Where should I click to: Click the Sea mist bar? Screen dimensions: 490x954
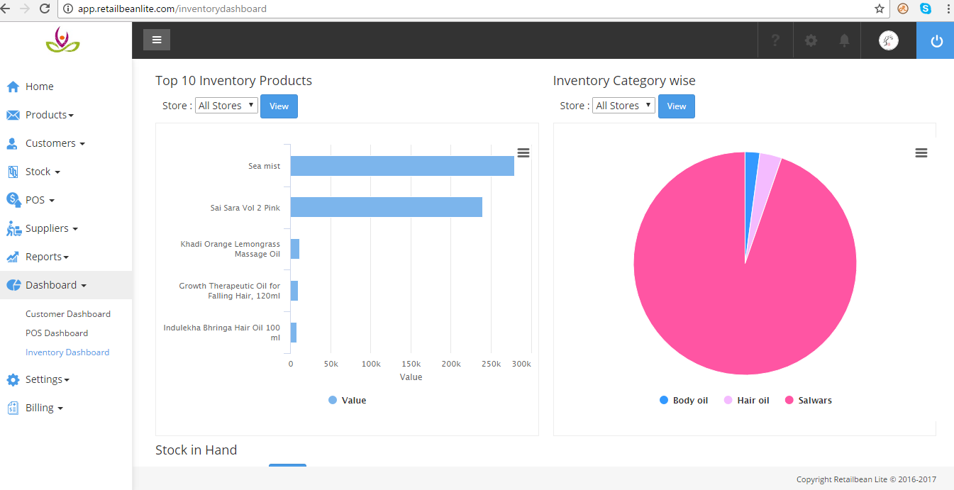pyautogui.click(x=401, y=166)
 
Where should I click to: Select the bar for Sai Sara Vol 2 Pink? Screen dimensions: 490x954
pyautogui.click(x=386, y=207)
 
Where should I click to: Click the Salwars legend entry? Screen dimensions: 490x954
pyautogui.click(x=809, y=401)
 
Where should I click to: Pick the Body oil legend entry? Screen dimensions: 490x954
pyautogui.click(x=684, y=401)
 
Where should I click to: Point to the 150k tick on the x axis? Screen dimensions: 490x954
pyautogui.click(x=411, y=364)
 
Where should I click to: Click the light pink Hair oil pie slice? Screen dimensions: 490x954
pyautogui.click(x=768, y=168)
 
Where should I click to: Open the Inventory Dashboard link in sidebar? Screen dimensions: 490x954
pyautogui.click(x=67, y=352)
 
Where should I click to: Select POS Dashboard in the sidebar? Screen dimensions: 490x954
pyautogui.click(x=57, y=333)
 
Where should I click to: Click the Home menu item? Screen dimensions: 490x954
pyautogui.click(x=39, y=87)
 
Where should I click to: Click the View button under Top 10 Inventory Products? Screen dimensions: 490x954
pyautogui.click(x=279, y=106)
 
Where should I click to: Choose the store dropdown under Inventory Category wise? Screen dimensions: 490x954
pyautogui.click(x=623, y=106)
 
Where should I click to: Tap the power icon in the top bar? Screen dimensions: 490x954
pyautogui.click(x=936, y=41)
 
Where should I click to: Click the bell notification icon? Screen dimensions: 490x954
pyautogui.click(x=844, y=40)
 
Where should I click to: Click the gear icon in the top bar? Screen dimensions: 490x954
pyautogui.click(x=811, y=40)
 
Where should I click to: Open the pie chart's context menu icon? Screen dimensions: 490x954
pyautogui.click(x=921, y=153)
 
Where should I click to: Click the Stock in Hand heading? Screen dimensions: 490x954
pyautogui.click(x=196, y=450)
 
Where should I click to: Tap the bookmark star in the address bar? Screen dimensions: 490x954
pyautogui.click(x=880, y=9)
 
